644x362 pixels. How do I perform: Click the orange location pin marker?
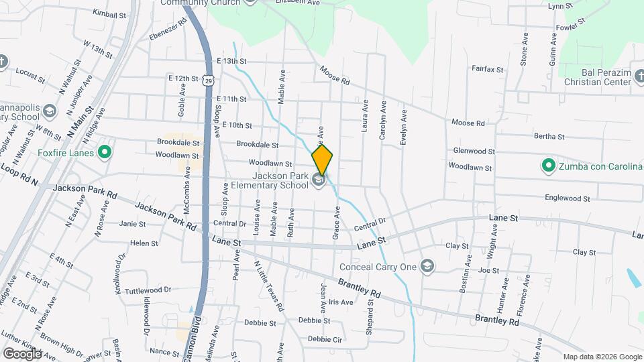pos(322,160)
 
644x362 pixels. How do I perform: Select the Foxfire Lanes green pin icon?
pos(104,153)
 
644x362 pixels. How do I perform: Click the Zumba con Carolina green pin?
pos(547,165)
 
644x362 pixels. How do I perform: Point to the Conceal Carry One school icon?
pos(427,267)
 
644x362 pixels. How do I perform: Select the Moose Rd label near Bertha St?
pos(468,123)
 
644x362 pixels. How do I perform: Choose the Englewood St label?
pos(568,198)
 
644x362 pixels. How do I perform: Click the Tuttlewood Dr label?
pos(148,290)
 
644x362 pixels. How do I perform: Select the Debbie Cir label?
pos(325,339)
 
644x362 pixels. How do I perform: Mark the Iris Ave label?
pos(341,302)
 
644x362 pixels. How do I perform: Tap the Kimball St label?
pos(110,13)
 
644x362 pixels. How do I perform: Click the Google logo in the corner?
pos(22,353)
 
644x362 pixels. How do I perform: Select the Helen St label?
pos(144,243)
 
